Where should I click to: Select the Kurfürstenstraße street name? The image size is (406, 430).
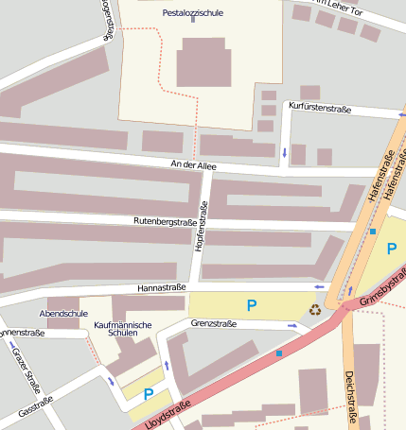[x=320, y=109]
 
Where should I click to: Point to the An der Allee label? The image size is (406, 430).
[x=193, y=165]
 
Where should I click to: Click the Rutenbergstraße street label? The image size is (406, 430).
[x=165, y=222]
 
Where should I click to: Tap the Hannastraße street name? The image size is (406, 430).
[x=161, y=286]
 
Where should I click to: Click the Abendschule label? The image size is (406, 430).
[x=63, y=313]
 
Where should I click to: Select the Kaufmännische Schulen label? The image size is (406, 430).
[x=123, y=330]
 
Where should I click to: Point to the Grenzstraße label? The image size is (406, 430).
[x=214, y=323]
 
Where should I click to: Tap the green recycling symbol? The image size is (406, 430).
[x=315, y=307]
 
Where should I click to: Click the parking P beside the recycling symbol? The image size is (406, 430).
[x=251, y=305]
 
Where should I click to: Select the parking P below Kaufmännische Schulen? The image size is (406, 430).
[x=148, y=394]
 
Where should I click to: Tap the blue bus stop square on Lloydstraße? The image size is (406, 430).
[x=279, y=354]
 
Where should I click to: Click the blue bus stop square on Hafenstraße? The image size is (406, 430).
[x=373, y=232]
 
